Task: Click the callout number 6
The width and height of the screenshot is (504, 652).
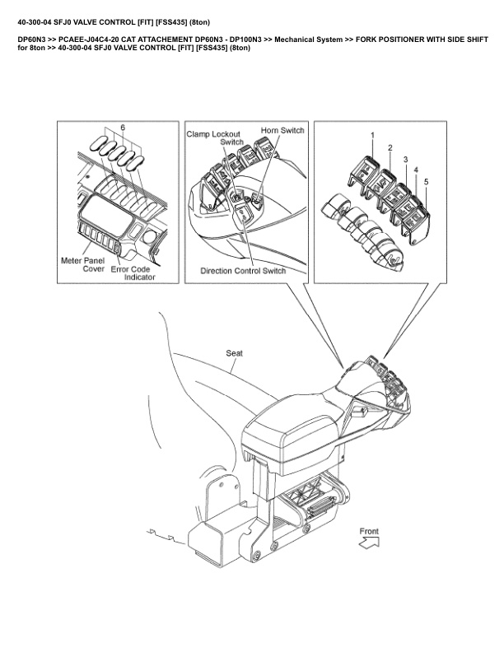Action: point(123,128)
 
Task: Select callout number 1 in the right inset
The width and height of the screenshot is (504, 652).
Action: point(371,133)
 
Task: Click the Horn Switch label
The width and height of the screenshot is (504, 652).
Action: point(282,130)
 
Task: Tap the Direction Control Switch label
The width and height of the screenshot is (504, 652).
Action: point(243,271)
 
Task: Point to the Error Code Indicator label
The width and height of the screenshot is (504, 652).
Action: point(133,272)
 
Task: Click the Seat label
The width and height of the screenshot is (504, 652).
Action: point(234,352)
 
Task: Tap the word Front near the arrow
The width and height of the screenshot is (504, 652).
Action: point(369,531)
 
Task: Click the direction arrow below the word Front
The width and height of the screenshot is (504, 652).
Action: point(370,543)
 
